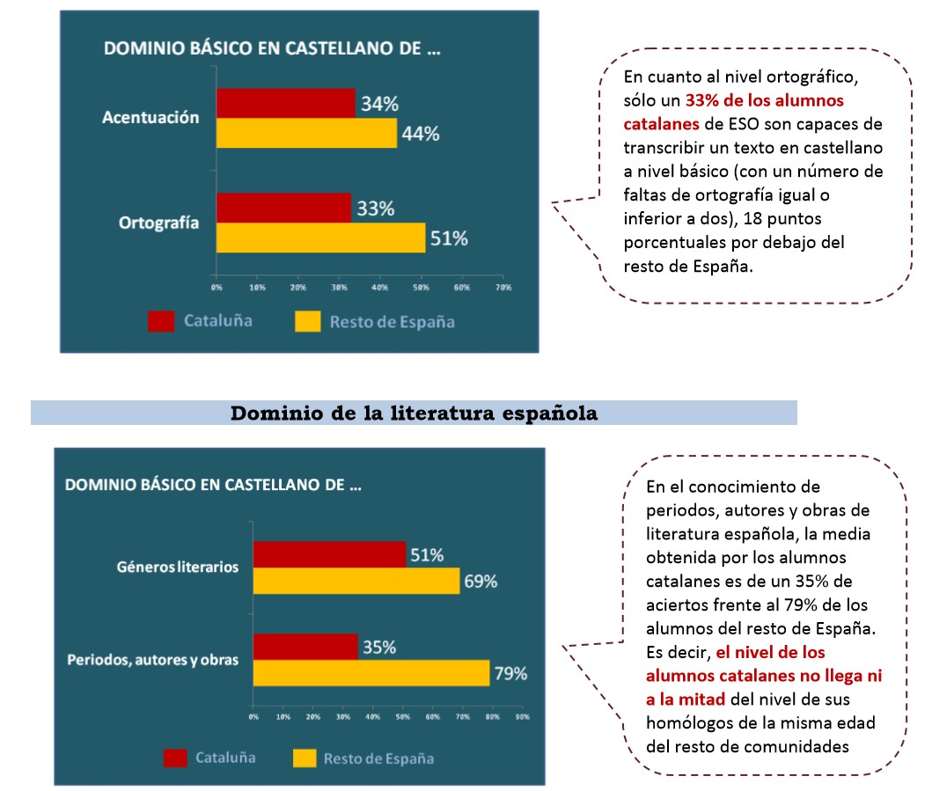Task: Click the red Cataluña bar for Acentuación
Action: click(x=285, y=103)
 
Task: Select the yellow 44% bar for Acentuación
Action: click(x=306, y=133)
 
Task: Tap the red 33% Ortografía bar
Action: click(x=283, y=208)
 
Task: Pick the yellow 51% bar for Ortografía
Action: click(x=320, y=238)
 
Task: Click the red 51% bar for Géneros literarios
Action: click(x=329, y=554)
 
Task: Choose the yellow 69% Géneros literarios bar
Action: click(x=356, y=581)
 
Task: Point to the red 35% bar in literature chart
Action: click(x=305, y=647)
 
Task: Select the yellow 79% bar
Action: click(x=371, y=673)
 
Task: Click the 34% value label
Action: click(x=378, y=104)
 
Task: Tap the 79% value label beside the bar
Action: click(x=511, y=674)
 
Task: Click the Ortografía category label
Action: click(x=158, y=223)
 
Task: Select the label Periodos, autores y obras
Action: click(x=152, y=659)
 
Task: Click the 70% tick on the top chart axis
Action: click(x=503, y=288)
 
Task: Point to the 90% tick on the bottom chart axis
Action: click(x=521, y=717)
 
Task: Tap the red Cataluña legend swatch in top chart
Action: click(x=161, y=321)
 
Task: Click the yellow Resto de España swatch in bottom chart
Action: click(x=305, y=758)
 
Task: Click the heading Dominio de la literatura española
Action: click(x=414, y=414)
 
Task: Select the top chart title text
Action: click(x=272, y=48)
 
